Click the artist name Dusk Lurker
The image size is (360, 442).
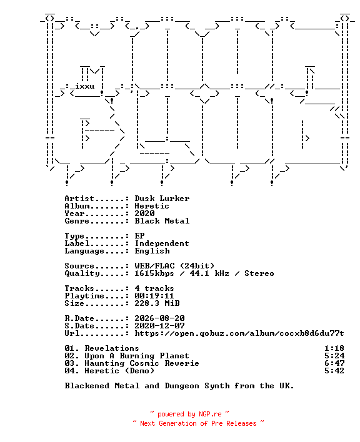click(x=162, y=199)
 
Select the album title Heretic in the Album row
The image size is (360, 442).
click(x=152, y=206)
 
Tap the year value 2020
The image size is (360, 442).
click(x=144, y=214)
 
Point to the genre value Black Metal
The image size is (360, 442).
click(x=162, y=221)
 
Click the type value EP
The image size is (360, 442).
click(x=139, y=236)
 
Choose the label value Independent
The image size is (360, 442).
click(x=162, y=243)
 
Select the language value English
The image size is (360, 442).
click(x=152, y=251)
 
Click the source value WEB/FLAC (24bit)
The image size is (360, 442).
click(x=174, y=266)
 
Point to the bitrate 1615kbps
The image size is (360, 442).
click(x=154, y=273)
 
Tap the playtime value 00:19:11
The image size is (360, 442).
click(x=154, y=296)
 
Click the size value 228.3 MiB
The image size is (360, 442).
click(x=157, y=303)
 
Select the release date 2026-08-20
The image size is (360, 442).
click(x=159, y=318)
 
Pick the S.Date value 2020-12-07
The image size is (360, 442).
click(x=159, y=326)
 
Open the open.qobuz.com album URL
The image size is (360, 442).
click(x=239, y=333)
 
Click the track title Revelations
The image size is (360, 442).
click(x=112, y=348)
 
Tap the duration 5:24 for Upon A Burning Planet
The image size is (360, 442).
click(x=334, y=356)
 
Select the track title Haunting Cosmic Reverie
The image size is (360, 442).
click(x=142, y=363)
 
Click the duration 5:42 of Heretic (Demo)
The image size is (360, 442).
click(x=334, y=371)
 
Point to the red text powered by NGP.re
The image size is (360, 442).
click(x=189, y=414)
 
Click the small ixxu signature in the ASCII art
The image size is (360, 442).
click(x=84, y=86)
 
